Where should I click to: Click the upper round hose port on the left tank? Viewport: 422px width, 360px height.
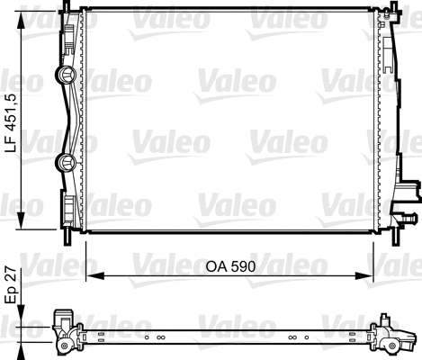pyautogui.click(x=66, y=76)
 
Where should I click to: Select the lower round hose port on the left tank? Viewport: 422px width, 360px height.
pyautogui.click(x=66, y=162)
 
